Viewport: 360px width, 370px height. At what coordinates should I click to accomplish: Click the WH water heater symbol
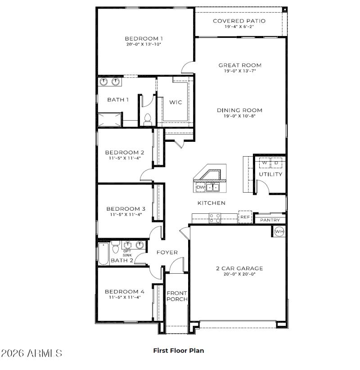click(279, 231)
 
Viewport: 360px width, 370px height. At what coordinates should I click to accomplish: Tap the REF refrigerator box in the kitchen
click(245, 217)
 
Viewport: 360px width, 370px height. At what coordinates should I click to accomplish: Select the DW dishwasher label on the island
click(200, 187)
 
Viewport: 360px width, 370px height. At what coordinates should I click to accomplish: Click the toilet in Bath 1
click(147, 119)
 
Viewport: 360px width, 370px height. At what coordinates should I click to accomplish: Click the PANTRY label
click(270, 220)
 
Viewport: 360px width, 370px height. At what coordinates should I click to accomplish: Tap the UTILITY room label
click(270, 174)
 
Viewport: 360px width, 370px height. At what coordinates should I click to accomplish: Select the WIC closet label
click(175, 103)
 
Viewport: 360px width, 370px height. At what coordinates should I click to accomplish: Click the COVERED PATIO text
click(239, 21)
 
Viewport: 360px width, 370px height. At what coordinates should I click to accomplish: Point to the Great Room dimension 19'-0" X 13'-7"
click(240, 71)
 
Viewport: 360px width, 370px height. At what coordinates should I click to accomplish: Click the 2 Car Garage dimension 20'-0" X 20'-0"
click(239, 274)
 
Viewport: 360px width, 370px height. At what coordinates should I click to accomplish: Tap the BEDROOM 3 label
click(126, 209)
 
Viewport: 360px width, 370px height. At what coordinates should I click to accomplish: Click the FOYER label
click(167, 253)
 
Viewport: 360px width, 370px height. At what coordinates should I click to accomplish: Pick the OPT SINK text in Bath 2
click(127, 253)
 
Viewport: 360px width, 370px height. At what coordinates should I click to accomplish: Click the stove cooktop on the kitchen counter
click(215, 218)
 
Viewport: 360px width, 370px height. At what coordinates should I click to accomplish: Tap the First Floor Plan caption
click(179, 350)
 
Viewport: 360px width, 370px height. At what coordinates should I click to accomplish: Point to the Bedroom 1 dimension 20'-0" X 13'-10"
click(144, 45)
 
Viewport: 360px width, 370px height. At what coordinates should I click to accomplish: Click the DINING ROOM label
click(240, 110)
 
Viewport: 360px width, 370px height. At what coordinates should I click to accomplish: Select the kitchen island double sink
click(213, 187)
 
